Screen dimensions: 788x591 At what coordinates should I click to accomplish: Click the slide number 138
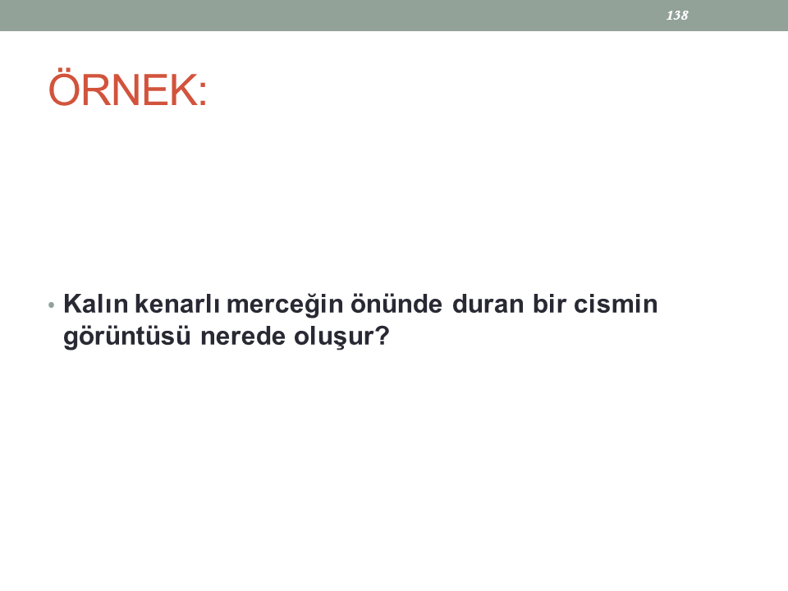677,16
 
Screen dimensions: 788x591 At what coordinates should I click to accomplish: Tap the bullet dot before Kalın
51,305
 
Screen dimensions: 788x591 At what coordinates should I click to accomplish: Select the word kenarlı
177,304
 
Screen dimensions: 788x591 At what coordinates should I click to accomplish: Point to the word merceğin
285,305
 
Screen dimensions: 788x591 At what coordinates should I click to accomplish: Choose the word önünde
396,304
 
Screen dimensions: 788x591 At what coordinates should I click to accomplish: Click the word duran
488,304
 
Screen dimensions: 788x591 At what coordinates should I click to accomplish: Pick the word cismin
616,304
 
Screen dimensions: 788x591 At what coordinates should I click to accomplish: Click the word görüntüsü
127,337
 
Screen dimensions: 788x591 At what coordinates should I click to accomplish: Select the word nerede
243,337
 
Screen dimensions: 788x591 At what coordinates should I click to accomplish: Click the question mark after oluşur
383,337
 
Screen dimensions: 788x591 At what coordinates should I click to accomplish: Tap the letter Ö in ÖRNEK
64,88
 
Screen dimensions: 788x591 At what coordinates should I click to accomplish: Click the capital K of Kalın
72,304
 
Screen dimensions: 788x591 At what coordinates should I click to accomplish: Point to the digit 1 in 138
670,16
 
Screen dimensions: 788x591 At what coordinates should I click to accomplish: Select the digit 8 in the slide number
685,16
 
